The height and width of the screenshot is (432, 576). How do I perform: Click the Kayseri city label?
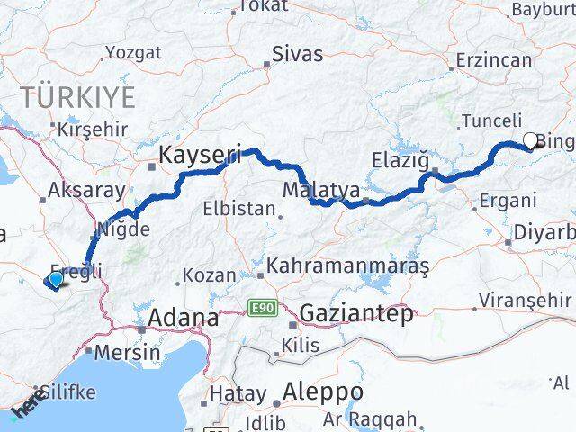(x=199, y=156)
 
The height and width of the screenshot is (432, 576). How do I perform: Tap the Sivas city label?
(x=297, y=54)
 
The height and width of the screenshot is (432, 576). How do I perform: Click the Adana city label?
(x=183, y=318)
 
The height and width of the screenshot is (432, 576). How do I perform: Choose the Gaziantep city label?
(x=356, y=314)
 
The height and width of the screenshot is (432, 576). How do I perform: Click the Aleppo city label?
(x=322, y=392)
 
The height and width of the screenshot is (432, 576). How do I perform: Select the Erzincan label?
(x=494, y=60)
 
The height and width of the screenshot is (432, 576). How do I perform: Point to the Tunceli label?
(x=490, y=120)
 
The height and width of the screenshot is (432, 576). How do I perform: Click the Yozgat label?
(x=133, y=52)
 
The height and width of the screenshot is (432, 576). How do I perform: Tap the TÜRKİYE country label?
(x=79, y=95)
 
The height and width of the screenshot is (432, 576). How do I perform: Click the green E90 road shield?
(x=263, y=308)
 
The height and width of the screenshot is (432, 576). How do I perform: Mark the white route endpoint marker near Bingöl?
(x=530, y=139)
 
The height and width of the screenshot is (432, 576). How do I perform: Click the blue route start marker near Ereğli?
(x=56, y=279)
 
